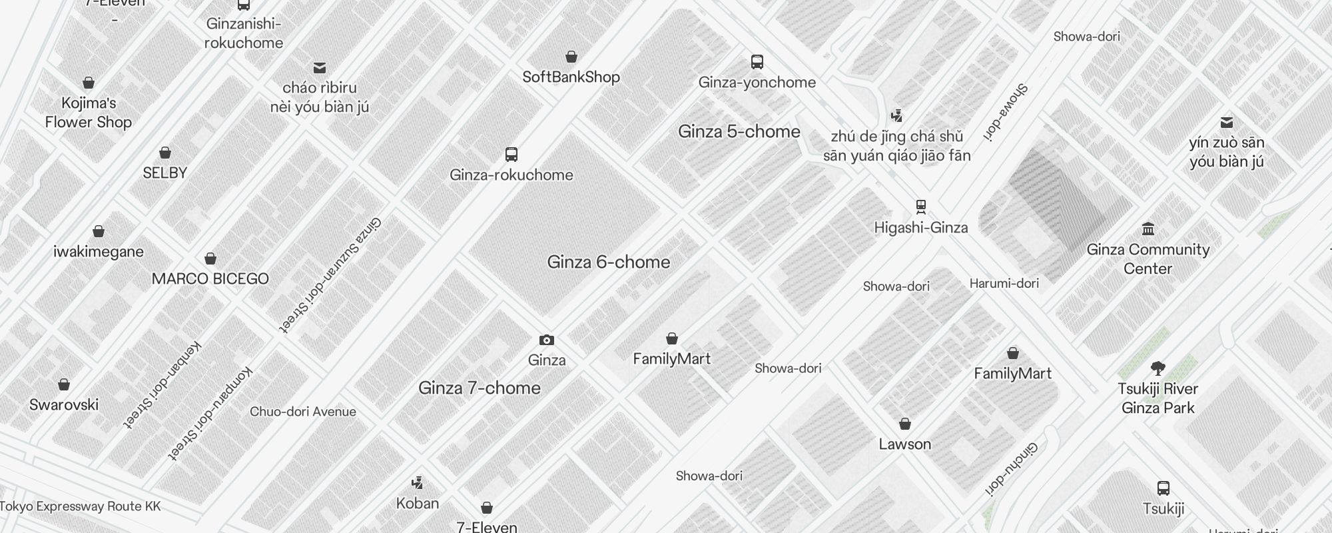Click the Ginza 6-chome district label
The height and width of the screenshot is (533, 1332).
(609, 262)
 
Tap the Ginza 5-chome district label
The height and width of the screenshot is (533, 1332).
(739, 131)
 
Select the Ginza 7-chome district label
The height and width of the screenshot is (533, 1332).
(480, 388)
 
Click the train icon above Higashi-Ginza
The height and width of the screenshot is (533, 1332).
(921, 207)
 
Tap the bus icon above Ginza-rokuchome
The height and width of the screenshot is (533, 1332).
(511, 155)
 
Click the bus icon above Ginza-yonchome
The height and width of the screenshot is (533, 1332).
(757, 62)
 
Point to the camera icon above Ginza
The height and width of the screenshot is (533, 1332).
(547, 340)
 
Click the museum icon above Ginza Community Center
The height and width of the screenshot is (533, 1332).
(1148, 229)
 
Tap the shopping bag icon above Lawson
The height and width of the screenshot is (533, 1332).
(905, 424)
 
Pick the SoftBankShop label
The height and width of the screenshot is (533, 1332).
(571, 77)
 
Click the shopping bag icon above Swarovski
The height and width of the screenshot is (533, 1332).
(64, 384)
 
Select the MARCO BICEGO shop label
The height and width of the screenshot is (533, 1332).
(210, 278)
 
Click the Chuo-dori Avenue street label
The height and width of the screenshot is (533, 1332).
(303, 412)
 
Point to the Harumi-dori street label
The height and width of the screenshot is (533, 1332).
(1004, 283)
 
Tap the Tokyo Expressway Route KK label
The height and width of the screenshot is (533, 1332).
(81, 506)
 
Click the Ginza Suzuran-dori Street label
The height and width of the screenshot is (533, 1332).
(330, 274)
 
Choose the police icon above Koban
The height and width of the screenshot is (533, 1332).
(418, 482)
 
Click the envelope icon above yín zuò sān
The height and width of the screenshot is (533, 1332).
(1227, 123)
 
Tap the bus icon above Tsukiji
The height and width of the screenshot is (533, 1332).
(1164, 488)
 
